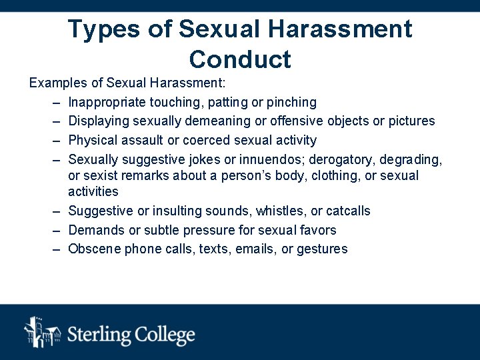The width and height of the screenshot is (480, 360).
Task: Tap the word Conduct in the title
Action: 240,59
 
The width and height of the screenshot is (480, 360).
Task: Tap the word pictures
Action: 411,121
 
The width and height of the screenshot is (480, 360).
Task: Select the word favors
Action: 317,230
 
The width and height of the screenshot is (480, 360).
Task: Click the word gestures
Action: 323,249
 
